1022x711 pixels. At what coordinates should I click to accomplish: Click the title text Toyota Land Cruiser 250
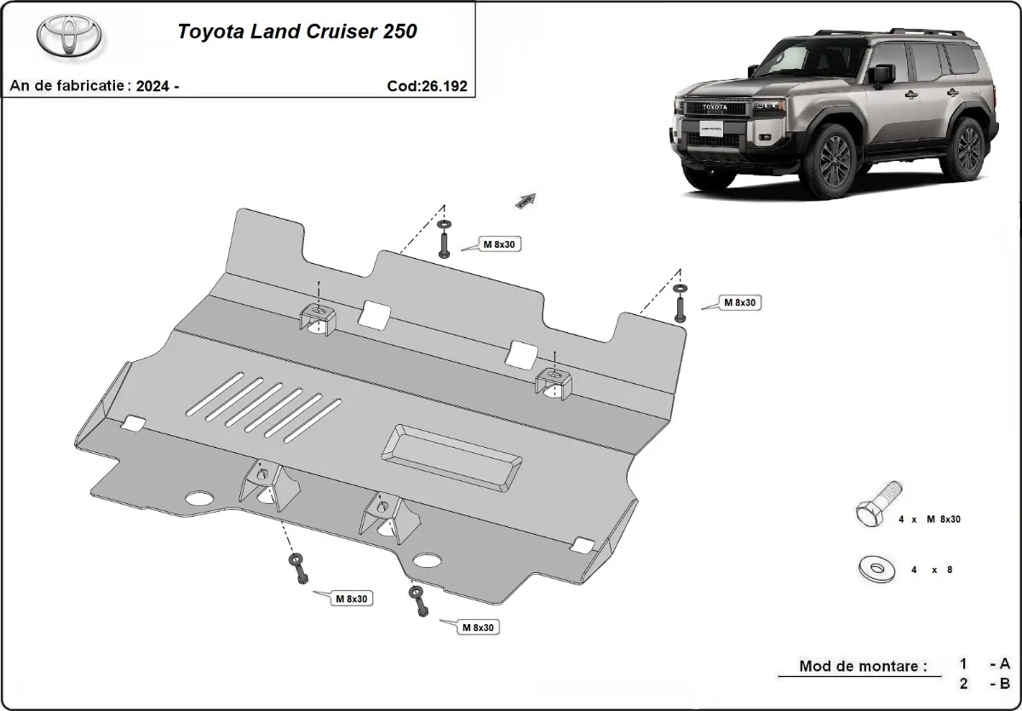coord(297,32)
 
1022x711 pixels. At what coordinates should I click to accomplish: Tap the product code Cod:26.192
coord(426,86)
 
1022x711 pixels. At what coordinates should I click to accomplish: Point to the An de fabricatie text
coord(94,86)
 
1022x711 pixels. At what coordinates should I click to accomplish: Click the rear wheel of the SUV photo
coord(969,147)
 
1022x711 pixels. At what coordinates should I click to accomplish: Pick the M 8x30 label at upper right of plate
coord(740,301)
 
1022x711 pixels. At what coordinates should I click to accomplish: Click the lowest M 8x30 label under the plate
coord(479,628)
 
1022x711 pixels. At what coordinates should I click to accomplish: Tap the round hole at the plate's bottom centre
coord(428,560)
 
